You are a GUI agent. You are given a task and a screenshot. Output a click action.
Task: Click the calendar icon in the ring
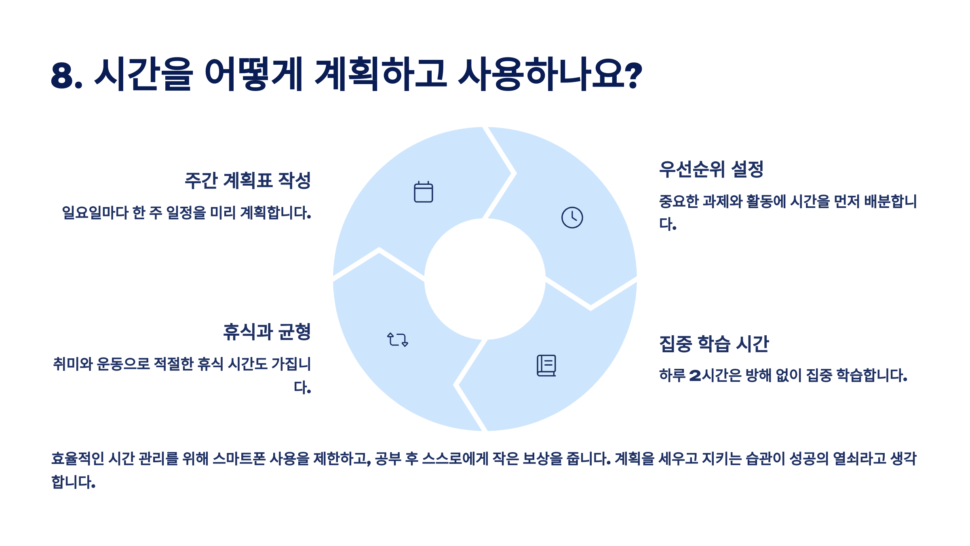(423, 192)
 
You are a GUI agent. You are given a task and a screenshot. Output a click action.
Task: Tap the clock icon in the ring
(572, 218)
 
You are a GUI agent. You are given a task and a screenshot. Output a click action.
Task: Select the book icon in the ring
(546, 366)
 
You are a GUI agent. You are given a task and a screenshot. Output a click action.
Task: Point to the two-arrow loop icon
(398, 340)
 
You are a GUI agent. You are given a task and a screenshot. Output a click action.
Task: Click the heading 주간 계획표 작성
(247, 180)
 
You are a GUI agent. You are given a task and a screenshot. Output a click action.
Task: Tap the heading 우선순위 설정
(711, 169)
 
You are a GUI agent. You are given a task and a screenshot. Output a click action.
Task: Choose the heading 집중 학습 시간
(714, 344)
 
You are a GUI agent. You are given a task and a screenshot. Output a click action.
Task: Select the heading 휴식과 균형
(267, 332)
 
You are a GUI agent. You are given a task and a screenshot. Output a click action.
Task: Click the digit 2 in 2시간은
(695, 376)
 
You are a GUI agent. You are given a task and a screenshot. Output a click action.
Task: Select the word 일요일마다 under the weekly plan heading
(95, 213)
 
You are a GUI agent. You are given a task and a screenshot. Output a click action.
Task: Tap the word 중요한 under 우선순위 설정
(679, 201)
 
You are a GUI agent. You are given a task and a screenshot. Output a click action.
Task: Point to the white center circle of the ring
(485, 279)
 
